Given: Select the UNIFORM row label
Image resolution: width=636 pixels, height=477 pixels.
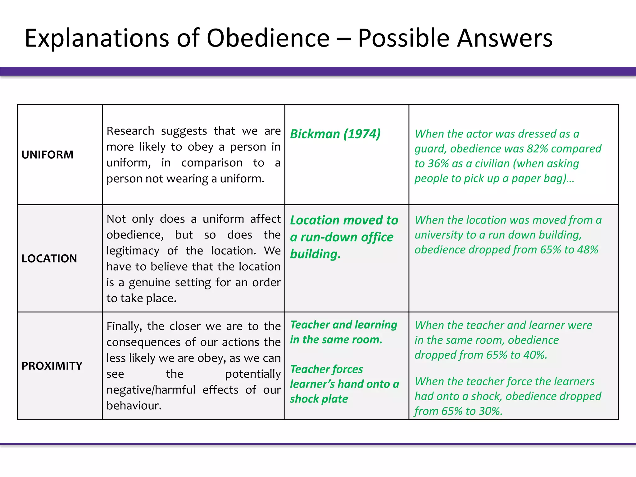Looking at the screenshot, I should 48,155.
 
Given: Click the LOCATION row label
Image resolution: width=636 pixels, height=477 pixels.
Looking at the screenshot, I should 49,258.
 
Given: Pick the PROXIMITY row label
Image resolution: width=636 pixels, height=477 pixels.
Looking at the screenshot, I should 52,366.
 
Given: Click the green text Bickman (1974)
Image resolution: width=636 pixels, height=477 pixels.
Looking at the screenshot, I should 335,134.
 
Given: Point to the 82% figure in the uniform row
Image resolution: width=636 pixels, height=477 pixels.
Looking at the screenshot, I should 537,149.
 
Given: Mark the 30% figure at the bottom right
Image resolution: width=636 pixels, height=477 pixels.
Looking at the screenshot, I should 490,411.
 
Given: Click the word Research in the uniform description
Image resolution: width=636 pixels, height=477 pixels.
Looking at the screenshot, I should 130,131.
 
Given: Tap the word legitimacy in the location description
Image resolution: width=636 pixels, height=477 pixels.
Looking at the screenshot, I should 133,251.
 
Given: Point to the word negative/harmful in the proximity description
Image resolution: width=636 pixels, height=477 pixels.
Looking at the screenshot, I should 151,390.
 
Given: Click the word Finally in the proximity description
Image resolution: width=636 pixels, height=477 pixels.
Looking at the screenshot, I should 124,326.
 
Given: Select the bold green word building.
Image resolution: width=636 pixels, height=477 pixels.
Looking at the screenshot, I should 315,254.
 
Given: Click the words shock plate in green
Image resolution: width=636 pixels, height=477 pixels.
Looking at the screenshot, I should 319,399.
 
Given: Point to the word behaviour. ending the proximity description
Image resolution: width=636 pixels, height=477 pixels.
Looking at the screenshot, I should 134,406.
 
